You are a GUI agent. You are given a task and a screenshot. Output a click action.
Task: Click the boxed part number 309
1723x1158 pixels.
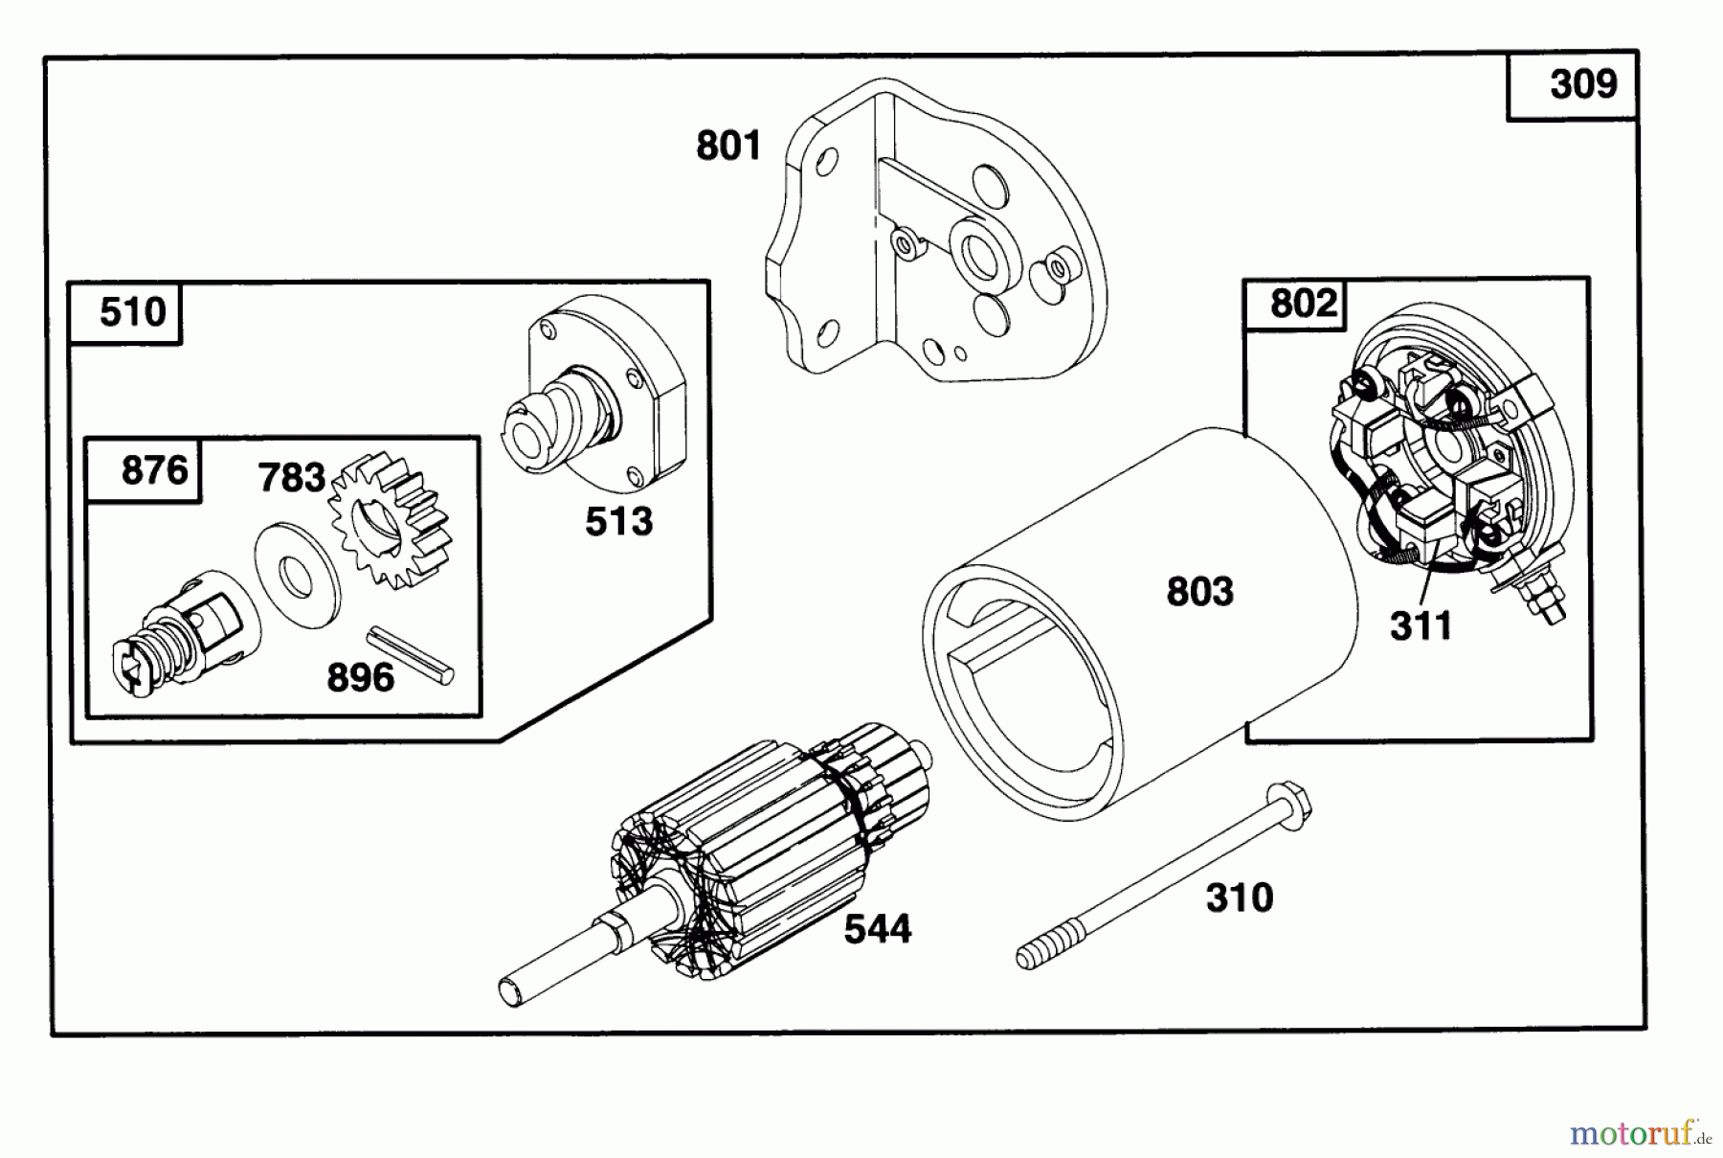1583,84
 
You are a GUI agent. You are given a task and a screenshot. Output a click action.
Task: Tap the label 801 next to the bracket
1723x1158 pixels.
728,147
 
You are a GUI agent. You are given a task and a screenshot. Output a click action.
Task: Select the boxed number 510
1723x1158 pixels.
132,312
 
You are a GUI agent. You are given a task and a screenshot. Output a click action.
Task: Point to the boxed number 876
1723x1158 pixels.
154,470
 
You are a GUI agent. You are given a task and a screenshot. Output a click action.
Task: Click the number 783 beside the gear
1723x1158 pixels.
291,477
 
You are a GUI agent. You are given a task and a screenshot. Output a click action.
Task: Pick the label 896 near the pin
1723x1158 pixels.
360,678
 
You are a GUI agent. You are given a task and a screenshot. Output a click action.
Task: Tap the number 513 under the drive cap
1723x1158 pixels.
618,522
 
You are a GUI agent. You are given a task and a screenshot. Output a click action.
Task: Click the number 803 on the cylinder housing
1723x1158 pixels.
1199,592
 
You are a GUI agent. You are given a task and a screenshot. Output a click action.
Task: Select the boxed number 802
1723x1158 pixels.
1303,304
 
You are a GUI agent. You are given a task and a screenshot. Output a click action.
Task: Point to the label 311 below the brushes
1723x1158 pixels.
1421,626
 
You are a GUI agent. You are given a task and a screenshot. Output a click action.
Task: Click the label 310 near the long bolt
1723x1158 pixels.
1240,898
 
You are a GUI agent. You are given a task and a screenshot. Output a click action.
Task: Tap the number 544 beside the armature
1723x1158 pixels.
877,929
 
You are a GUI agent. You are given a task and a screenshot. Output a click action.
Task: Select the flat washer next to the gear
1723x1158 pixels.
297,575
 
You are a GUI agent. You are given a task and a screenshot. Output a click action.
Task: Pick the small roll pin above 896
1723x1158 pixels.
412,655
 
